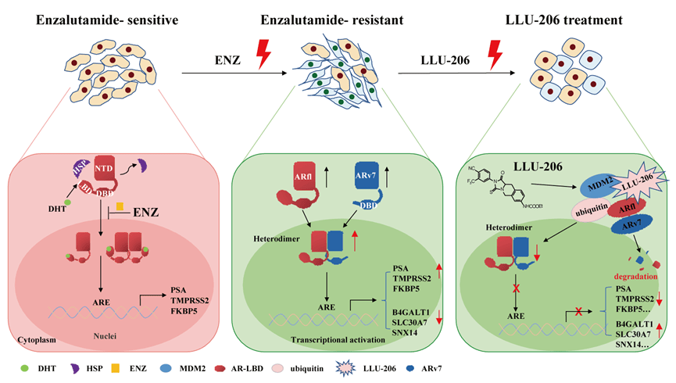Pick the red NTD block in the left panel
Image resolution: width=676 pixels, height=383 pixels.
pyautogui.click(x=102, y=168)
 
